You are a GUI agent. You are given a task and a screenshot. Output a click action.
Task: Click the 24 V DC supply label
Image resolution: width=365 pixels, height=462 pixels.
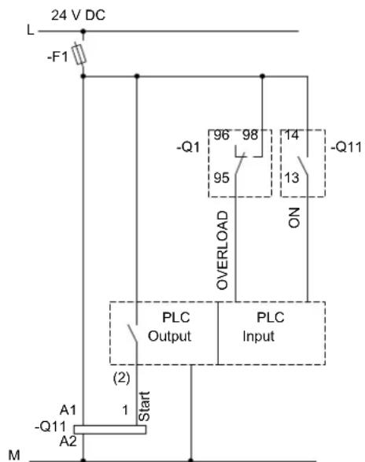click(78, 15)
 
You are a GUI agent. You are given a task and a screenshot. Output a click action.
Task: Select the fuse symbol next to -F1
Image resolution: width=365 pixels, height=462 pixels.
click(79, 54)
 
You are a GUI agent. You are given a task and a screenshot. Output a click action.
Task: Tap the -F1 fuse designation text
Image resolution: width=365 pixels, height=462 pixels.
click(57, 57)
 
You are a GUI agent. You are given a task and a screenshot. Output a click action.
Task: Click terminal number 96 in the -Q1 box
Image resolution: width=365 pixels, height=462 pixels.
click(221, 135)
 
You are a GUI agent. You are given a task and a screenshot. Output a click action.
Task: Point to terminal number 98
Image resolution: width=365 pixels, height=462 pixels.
click(250, 135)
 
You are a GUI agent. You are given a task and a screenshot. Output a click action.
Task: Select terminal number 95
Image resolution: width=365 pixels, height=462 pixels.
click(222, 178)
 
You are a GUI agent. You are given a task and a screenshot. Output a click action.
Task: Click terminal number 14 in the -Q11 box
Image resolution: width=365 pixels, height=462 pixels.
click(292, 135)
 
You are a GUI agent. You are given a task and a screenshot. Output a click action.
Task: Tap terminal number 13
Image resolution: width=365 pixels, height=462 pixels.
click(292, 178)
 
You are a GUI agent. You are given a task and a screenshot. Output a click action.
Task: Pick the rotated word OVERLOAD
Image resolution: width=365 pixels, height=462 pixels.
click(222, 250)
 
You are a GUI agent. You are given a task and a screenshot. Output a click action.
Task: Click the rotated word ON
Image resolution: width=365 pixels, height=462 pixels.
click(294, 218)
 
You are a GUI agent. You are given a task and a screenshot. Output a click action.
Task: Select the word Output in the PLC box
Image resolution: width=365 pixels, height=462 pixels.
click(169, 336)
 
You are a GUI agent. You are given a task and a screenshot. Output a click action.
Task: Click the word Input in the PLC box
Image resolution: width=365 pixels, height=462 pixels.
click(258, 337)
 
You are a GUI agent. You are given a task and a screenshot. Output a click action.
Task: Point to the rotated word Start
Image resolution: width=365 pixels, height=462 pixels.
click(144, 406)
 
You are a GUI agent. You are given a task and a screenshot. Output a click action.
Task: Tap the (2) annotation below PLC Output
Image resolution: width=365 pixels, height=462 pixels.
click(121, 378)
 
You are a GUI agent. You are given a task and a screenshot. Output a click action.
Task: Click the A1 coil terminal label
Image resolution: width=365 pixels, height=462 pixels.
click(68, 410)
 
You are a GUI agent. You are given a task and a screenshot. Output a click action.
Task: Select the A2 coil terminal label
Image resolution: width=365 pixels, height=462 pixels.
click(68, 442)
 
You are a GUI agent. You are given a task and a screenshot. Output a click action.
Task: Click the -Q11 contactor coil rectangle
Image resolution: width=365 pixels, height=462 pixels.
click(110, 430)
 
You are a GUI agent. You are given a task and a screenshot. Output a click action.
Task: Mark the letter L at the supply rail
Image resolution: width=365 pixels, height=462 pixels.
click(31, 30)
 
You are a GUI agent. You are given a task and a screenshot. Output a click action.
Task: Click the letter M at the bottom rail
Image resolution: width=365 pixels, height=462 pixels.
click(14, 455)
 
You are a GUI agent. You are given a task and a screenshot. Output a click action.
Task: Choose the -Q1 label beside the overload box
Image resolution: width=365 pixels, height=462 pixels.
click(188, 146)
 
